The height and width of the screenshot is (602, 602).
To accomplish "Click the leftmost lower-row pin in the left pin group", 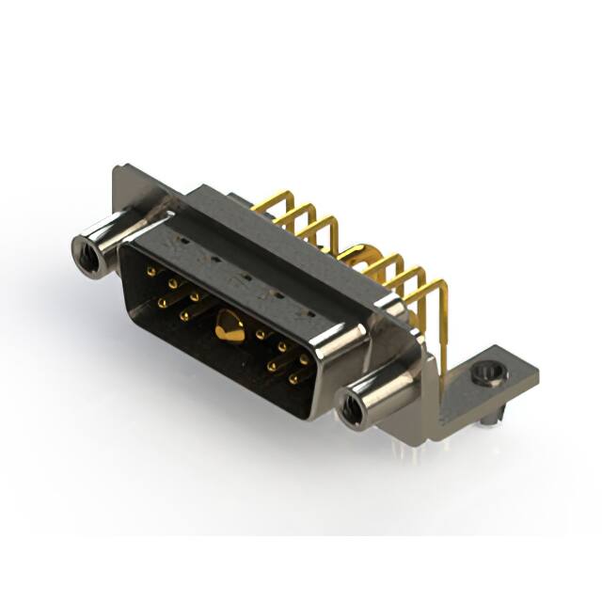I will coord(163,302).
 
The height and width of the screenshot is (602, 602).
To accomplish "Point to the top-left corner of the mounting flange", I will coord(116,169).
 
